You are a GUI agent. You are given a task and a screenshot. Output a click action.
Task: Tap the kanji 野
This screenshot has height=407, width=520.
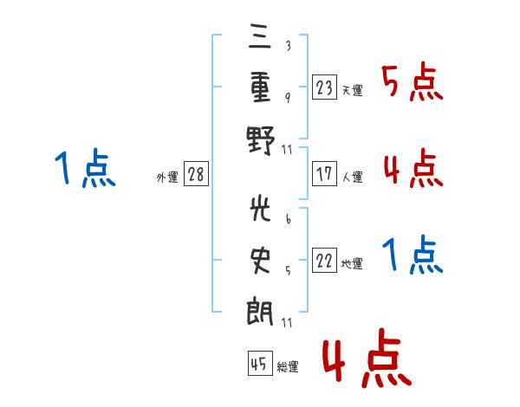pyautogui.click(x=261, y=138)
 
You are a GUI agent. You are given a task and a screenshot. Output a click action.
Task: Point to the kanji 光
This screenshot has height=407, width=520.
pyautogui.click(x=261, y=209)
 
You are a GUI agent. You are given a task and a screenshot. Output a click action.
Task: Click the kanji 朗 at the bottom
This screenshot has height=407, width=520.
pyautogui.click(x=261, y=309)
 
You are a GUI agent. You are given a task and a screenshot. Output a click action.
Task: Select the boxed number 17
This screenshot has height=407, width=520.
pyautogui.click(x=325, y=173)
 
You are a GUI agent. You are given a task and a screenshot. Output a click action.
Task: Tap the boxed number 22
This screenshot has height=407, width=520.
pyautogui.click(x=325, y=260)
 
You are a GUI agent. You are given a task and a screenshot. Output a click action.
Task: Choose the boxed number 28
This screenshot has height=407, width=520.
pyautogui.click(x=196, y=174)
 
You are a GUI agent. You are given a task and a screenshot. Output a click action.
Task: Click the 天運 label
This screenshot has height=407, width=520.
pyautogui.click(x=352, y=90)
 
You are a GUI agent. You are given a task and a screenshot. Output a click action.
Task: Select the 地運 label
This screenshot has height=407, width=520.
pyautogui.click(x=352, y=264)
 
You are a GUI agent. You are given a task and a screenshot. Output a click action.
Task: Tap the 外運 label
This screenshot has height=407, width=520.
pyautogui.click(x=167, y=178)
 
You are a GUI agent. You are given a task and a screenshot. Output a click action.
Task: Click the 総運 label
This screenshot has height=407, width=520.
pyautogui.click(x=287, y=367)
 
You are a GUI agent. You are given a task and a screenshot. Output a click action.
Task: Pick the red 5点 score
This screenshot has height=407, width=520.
pyautogui.click(x=413, y=83)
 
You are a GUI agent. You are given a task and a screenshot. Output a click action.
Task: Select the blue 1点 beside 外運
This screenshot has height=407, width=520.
pyautogui.click(x=84, y=169)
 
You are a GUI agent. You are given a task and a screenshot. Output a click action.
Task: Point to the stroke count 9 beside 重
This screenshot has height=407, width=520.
pyautogui.click(x=288, y=96)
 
